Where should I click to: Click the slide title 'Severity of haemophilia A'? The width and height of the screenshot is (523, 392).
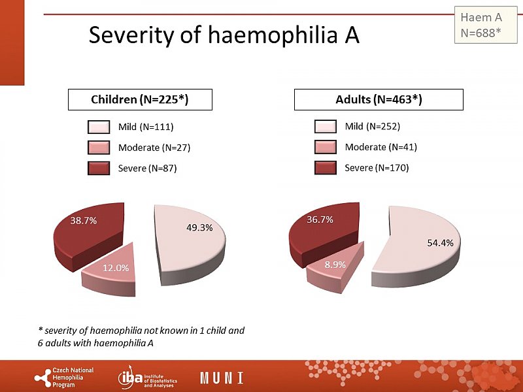pyautogui.click(x=224, y=35)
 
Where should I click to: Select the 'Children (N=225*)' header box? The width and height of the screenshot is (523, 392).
pyautogui.click(x=133, y=100)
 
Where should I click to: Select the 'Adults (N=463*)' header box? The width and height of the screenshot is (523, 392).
pyautogui.click(x=379, y=100)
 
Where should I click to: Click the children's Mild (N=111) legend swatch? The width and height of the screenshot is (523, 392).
pyautogui.click(x=99, y=127)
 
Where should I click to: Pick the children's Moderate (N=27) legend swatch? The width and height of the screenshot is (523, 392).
pyautogui.click(x=99, y=148)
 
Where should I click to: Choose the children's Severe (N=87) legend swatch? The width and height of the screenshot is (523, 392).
pyautogui.click(x=99, y=169)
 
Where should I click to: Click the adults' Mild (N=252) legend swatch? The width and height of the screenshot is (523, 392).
pyautogui.click(x=325, y=127)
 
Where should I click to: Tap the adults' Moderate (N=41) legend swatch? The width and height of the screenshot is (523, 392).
pyautogui.click(x=325, y=148)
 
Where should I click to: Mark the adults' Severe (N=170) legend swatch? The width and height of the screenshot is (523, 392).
pyautogui.click(x=325, y=169)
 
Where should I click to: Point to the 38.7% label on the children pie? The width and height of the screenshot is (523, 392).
pyautogui.click(x=84, y=221)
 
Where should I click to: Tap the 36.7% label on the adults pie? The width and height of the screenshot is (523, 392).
pyautogui.click(x=320, y=220)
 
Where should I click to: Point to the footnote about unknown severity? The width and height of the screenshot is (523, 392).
pyautogui.click(x=141, y=336)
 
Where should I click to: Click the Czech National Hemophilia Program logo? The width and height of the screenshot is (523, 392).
pyautogui.click(x=64, y=377)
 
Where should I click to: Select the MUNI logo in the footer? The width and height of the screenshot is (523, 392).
pyautogui.click(x=222, y=378)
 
